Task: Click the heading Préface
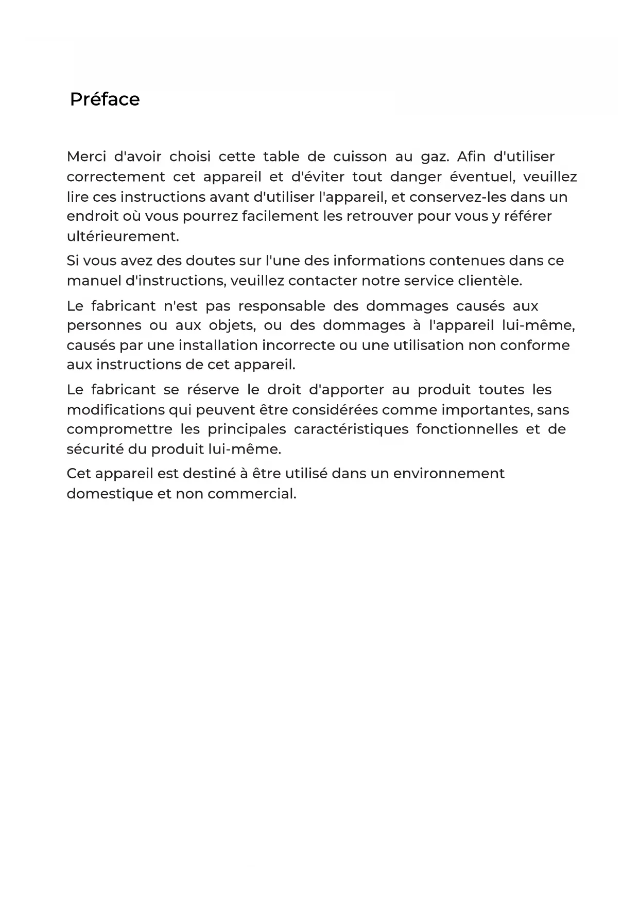coord(105,99)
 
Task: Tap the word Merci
coord(86,157)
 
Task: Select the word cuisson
coord(360,157)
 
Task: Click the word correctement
coord(116,177)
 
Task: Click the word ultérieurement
coord(123,237)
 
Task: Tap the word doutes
coord(210,261)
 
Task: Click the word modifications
coord(116,410)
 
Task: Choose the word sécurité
coord(95,449)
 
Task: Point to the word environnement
coord(448,474)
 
